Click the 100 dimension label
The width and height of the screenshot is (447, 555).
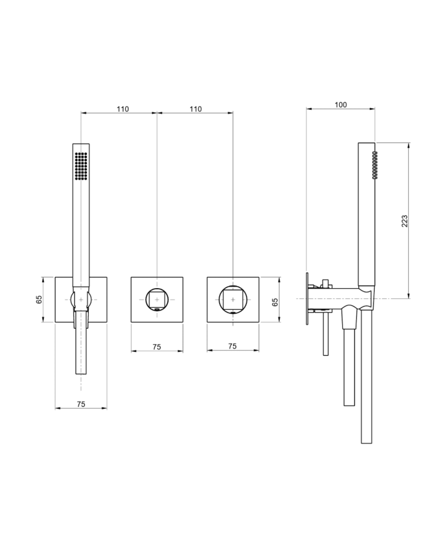(340, 105)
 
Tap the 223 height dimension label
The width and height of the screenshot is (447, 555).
(404, 221)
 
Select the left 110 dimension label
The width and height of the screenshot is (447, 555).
(123, 109)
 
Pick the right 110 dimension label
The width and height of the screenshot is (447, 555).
(195, 109)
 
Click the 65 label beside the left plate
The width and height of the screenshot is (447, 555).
(39, 300)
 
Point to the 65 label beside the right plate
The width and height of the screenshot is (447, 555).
(275, 302)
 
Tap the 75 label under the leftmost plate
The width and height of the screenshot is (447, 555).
(81, 404)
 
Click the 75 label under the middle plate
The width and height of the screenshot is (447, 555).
(157, 347)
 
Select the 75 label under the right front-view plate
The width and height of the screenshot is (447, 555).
(232, 346)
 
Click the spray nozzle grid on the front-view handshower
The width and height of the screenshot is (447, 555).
(81, 166)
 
